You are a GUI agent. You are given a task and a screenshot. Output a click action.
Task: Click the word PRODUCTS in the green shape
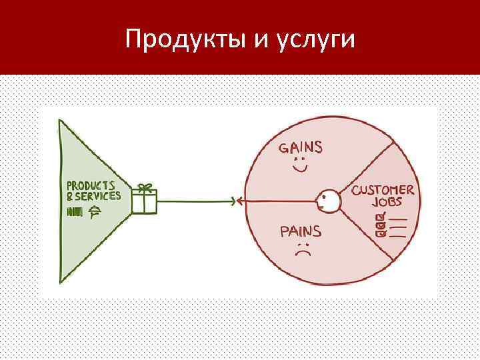(90, 185)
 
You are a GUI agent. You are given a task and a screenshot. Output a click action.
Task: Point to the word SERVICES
(98, 196)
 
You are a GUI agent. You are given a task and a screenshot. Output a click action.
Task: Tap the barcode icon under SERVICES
(75, 212)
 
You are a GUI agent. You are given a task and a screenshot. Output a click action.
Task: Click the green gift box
(144, 201)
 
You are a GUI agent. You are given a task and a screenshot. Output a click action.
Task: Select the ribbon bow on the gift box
(144, 188)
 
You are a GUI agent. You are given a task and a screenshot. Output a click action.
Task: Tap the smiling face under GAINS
(299, 165)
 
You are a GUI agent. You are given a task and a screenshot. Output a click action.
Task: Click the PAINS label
(300, 232)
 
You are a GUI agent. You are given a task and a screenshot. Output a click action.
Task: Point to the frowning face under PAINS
(303, 252)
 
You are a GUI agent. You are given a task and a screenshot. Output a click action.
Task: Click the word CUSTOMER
(383, 191)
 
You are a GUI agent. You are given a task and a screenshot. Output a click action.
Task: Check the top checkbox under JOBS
(381, 217)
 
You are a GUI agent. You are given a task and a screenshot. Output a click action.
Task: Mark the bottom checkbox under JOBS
(381, 233)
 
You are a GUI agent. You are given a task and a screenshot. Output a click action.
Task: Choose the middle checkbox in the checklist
(381, 225)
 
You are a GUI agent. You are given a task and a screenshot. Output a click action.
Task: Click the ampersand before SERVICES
(69, 196)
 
